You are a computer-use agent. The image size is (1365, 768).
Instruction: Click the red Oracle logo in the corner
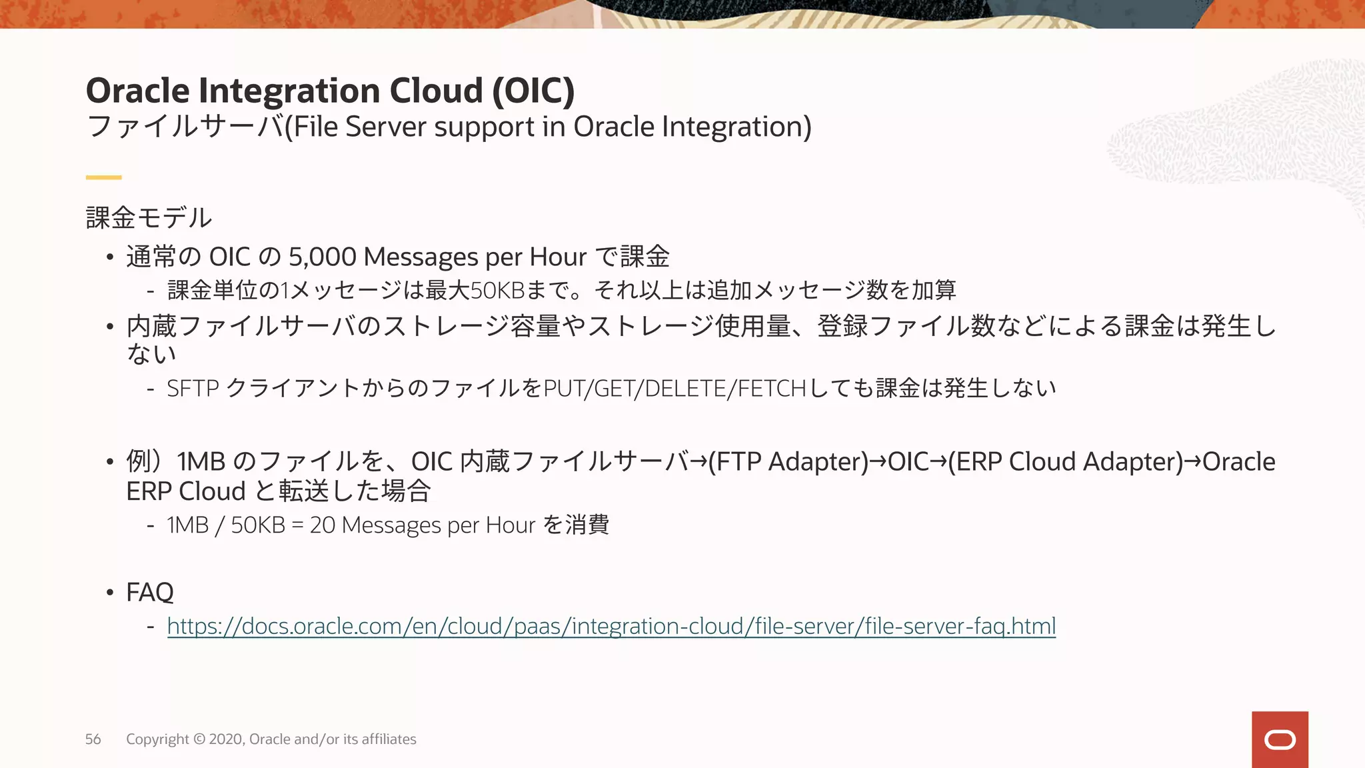point(1280,739)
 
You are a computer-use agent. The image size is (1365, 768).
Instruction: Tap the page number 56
point(93,739)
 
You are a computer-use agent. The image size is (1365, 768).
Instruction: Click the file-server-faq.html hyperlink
point(611,626)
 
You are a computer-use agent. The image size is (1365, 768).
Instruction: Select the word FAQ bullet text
point(150,592)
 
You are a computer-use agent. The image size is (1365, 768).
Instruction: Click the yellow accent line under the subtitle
point(103,177)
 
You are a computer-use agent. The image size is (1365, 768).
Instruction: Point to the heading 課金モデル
point(149,218)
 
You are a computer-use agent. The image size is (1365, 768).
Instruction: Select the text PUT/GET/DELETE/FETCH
point(675,388)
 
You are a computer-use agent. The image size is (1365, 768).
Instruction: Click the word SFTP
point(193,388)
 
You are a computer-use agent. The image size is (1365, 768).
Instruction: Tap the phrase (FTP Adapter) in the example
point(788,461)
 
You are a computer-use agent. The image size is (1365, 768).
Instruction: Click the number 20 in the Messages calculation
point(322,525)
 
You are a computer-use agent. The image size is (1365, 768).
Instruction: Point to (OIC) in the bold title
point(533,91)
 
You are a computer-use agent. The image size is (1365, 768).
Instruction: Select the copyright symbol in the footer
point(199,739)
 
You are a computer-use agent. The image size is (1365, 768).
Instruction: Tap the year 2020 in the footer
point(227,739)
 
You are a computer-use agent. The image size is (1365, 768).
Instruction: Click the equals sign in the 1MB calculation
point(297,525)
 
